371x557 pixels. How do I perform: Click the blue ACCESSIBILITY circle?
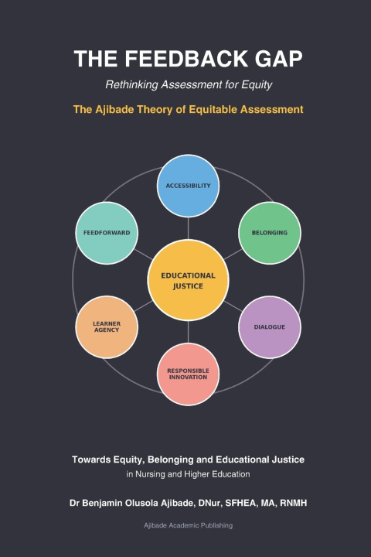tap(188, 186)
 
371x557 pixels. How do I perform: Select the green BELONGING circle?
tap(270, 233)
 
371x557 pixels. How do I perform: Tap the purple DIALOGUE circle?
tap(270, 326)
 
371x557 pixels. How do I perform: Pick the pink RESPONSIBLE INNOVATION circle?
tap(188, 374)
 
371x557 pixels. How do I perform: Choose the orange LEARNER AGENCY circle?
tap(107, 326)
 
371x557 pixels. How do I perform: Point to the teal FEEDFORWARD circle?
tap(107, 233)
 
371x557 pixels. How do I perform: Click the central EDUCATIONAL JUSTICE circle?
tap(188, 280)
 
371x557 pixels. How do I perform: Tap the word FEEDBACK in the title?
tap(186, 59)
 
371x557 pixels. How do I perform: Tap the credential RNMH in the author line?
tap(294, 503)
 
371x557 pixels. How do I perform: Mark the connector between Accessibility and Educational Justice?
tap(188, 228)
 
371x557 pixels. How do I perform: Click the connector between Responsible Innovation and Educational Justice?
tap(188, 332)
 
